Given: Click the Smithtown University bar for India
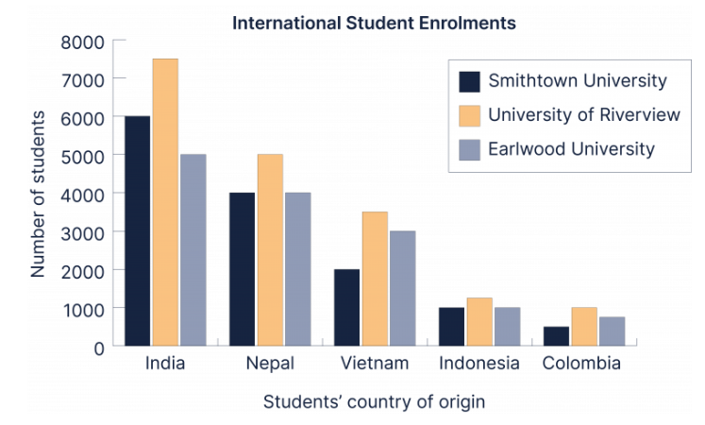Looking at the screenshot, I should pyautogui.click(x=138, y=230).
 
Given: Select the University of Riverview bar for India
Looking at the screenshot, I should pyautogui.click(x=165, y=202).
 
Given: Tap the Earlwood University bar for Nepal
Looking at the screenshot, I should pyautogui.click(x=297, y=269).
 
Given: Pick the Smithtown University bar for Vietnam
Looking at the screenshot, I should pyautogui.click(x=346, y=307).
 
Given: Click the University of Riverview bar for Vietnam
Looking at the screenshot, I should pyautogui.click(x=375, y=279).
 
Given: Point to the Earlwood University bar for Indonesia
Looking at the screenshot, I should pyautogui.click(x=507, y=327).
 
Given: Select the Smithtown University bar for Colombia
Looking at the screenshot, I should pyautogui.click(x=556, y=336).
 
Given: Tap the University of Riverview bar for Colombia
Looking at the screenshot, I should pyautogui.click(x=583, y=327).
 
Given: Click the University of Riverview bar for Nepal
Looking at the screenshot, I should pyautogui.click(x=270, y=249).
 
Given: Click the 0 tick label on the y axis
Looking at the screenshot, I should pyautogui.click(x=97, y=348).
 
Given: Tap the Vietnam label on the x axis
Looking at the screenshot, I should pyautogui.click(x=375, y=364).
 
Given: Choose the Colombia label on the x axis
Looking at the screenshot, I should pyautogui.click(x=581, y=364).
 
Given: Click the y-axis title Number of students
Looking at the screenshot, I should pyautogui.click(x=38, y=194).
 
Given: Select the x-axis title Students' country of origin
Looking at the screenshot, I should pyautogui.click(x=374, y=401).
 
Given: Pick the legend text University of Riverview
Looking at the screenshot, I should pyautogui.click(x=583, y=115).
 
